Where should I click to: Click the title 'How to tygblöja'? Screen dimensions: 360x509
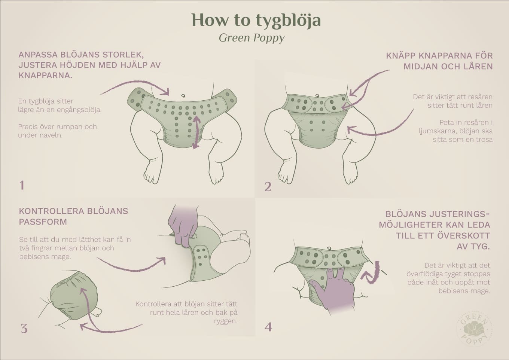tap(256, 20)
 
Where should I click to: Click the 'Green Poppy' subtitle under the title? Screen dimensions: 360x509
tap(252, 38)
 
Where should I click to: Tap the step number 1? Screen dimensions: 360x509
tap(22, 185)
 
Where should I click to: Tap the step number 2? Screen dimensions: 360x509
tap(268, 187)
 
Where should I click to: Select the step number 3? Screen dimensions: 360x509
tap(24, 329)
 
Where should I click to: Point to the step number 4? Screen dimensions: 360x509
tap(268, 327)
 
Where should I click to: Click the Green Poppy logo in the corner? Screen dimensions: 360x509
tap(474, 328)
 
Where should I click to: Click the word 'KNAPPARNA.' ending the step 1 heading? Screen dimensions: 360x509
tap(45, 76)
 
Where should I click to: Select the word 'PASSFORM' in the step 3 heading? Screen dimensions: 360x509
tap(43, 222)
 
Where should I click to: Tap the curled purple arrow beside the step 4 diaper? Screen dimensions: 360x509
tap(372, 272)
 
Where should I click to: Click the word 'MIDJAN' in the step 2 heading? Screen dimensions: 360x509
tap(421, 67)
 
